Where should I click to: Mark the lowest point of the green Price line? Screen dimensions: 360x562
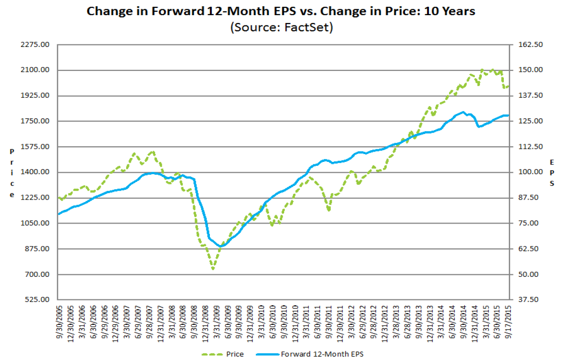(213, 269)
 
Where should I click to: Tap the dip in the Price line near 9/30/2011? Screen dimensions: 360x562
(329, 210)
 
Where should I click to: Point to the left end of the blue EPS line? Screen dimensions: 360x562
(59, 214)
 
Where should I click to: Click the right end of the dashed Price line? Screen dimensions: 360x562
(509, 86)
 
